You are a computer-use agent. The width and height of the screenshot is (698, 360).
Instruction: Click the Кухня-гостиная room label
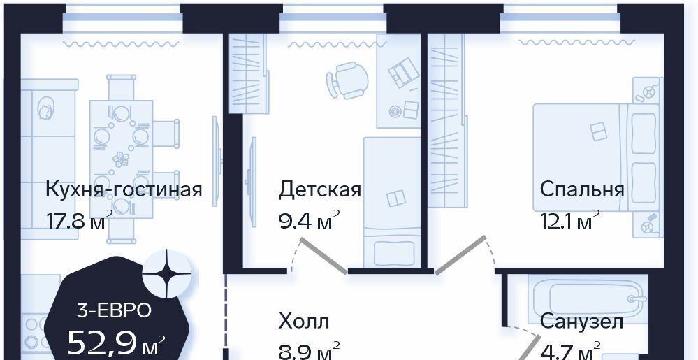124,190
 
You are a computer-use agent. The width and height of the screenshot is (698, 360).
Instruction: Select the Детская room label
319,189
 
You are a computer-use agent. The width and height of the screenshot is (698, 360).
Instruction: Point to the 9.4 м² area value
310,219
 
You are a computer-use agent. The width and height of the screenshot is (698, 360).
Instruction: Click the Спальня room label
582,190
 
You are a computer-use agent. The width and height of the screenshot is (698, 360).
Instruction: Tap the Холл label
304,321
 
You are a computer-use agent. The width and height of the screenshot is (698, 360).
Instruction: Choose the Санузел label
582,322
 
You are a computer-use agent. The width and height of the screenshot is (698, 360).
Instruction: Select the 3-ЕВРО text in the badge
115,310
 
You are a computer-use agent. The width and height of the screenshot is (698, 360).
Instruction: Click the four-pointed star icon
167,274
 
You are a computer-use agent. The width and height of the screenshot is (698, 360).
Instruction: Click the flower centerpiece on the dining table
121,159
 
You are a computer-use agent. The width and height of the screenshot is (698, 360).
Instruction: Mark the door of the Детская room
323,255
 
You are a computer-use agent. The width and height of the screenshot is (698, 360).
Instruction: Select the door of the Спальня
460,255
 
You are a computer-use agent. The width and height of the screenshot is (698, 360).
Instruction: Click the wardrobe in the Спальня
446,120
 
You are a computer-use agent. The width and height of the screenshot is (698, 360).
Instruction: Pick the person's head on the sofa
45,109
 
